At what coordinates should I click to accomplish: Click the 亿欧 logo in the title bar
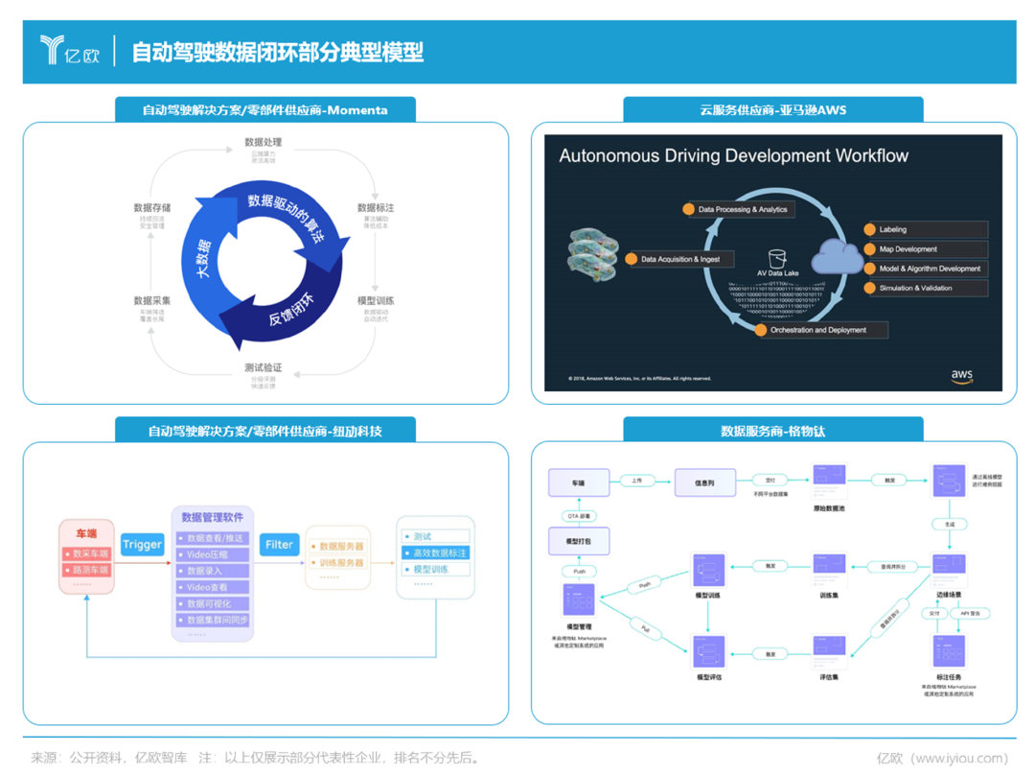click(70, 51)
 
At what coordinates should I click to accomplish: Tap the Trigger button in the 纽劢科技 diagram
click(142, 545)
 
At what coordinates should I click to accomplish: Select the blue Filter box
click(279, 545)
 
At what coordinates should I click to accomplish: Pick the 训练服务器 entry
click(341, 563)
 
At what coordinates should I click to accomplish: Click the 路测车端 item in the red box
click(87, 570)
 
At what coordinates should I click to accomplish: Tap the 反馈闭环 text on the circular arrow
click(291, 306)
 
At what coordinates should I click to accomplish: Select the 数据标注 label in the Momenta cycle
click(376, 207)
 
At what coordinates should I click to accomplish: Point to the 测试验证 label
click(264, 367)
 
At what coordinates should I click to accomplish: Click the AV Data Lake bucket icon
click(777, 259)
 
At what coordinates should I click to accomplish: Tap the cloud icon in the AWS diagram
click(837, 257)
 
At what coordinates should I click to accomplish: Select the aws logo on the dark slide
click(961, 377)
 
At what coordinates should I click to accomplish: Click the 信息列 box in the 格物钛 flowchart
click(704, 482)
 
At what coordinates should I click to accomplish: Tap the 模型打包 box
click(578, 542)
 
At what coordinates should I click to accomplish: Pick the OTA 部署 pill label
click(579, 516)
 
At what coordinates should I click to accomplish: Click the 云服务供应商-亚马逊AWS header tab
click(772, 110)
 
